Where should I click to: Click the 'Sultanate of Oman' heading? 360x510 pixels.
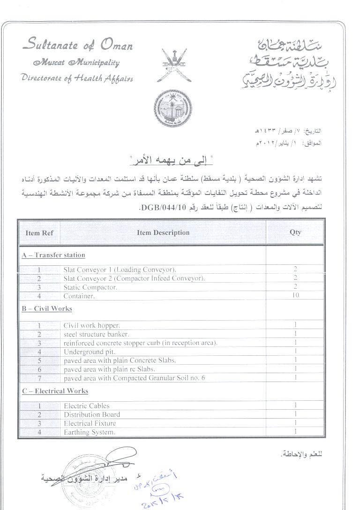[x=77, y=45]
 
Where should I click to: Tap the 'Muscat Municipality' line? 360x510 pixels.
[x=76, y=63]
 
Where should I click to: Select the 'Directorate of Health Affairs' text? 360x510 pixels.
[x=77, y=78]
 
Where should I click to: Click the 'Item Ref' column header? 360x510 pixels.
[x=39, y=232]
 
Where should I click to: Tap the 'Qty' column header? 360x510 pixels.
[x=295, y=232]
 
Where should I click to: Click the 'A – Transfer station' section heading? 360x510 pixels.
[x=53, y=255]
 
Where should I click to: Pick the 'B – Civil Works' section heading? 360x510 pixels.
[x=46, y=309]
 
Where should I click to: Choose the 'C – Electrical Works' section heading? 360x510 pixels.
[x=55, y=391]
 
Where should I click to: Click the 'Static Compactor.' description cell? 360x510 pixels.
[x=90, y=287]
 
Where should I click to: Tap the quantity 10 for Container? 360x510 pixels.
[x=295, y=296]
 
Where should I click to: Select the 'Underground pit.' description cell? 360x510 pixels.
[x=89, y=352]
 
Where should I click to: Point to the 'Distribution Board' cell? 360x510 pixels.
[x=92, y=414]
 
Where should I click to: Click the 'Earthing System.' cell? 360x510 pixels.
[x=89, y=432]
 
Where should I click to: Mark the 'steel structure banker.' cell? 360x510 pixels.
[x=96, y=334]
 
